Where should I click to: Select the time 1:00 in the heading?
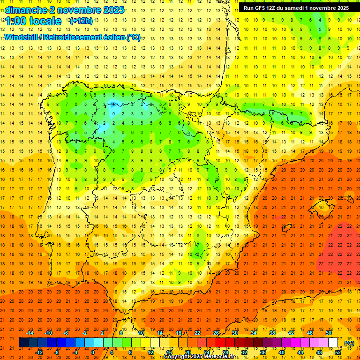(15, 21)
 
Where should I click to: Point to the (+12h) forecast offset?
(81, 21)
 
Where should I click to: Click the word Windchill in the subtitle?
(22, 37)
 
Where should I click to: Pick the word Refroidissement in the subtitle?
(77, 37)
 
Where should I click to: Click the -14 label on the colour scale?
(30, 333)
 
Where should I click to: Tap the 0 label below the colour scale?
(92, 352)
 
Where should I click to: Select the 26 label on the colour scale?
(216, 333)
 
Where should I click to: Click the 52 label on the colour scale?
(338, 352)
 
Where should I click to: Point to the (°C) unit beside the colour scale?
(349, 343)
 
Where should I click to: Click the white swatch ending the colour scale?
(333, 343)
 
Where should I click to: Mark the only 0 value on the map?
(114, 113)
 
